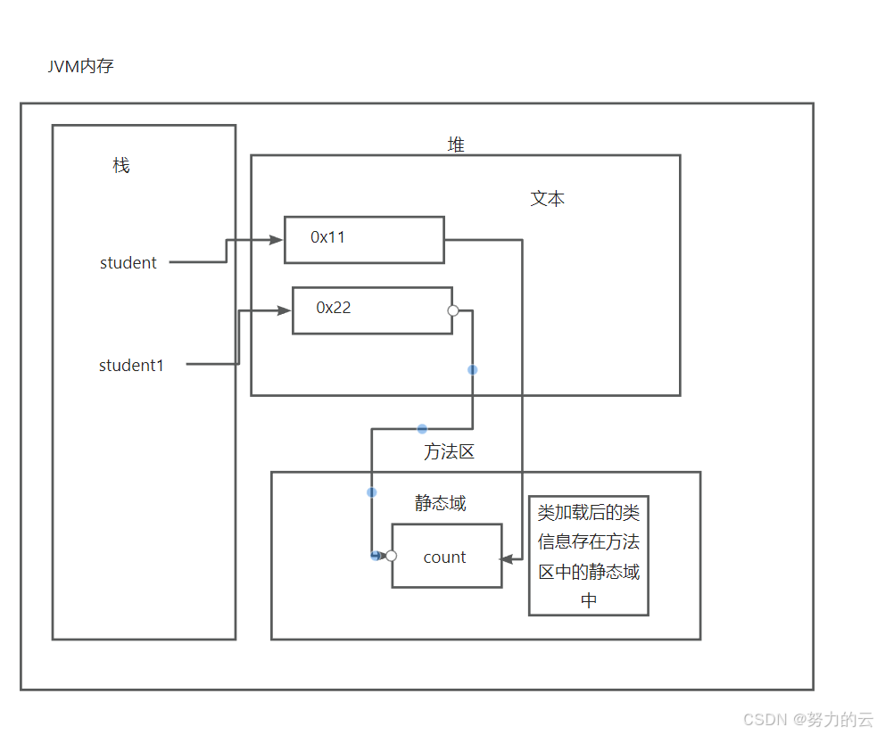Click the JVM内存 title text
[x=80, y=66]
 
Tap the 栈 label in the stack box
[x=121, y=165]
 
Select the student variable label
[x=128, y=262]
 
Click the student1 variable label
[x=131, y=365]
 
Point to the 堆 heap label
[x=456, y=145]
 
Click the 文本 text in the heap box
[x=547, y=199]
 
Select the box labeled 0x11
[x=364, y=239]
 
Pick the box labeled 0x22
[x=372, y=310]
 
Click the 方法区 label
[x=449, y=451]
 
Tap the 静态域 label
[x=440, y=503]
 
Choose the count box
[x=446, y=556]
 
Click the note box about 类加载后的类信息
[x=588, y=556]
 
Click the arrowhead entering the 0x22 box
[x=285, y=310]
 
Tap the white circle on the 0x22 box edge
[x=452, y=310]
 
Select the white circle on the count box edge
[x=391, y=556]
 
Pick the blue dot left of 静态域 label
[x=371, y=492]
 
